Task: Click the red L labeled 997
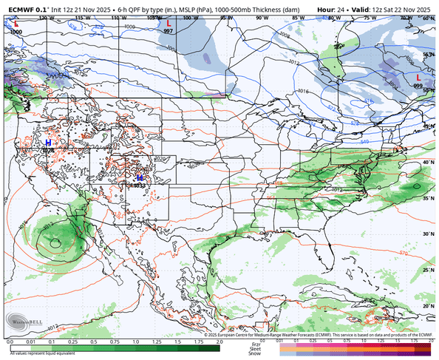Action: point(169,24)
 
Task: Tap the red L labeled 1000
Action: point(16,24)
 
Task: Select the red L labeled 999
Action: point(418,77)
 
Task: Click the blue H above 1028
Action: point(49,141)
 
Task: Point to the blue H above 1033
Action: point(139,177)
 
